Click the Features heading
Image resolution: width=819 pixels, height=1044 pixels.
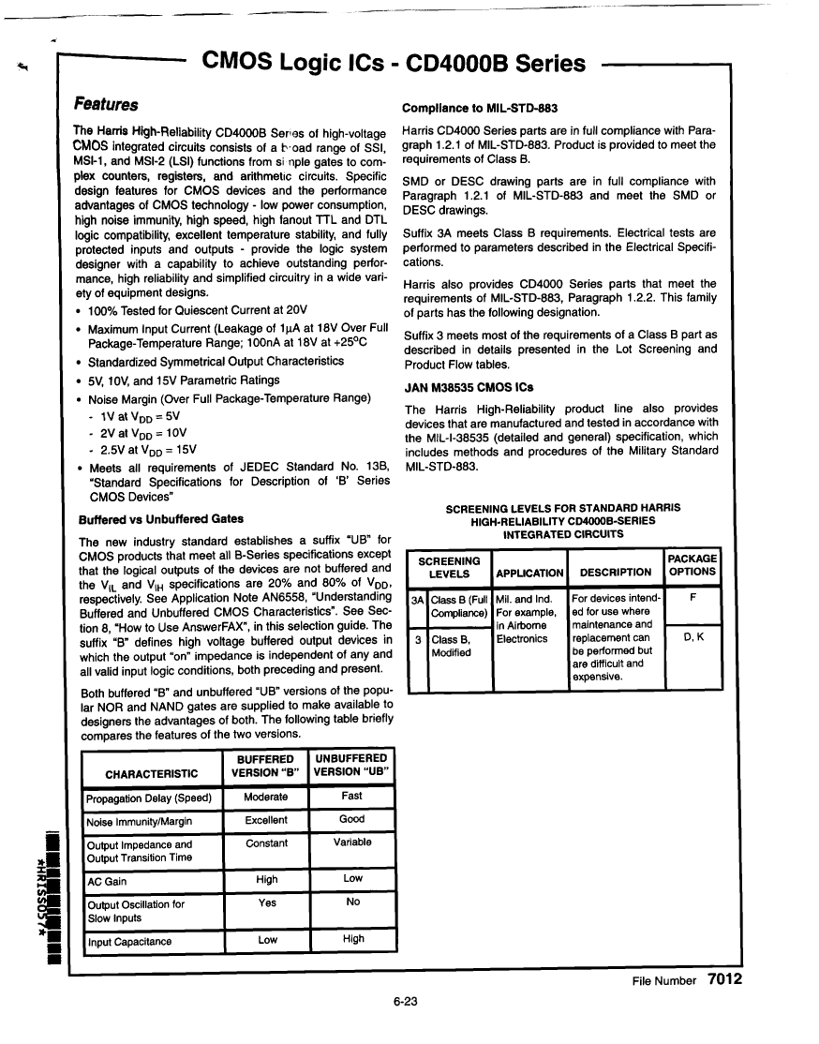pyautogui.click(x=106, y=104)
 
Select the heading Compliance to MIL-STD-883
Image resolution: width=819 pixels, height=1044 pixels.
pyautogui.click(x=480, y=108)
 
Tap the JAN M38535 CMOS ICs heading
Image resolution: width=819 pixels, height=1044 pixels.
pyautogui.click(x=469, y=387)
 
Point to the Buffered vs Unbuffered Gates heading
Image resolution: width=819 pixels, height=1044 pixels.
pyautogui.click(x=160, y=518)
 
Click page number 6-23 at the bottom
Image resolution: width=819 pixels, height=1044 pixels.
pyautogui.click(x=405, y=1001)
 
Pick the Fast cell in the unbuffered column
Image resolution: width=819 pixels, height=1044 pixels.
pyautogui.click(x=352, y=796)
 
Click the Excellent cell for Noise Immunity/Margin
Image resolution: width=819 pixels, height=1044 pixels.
pyautogui.click(x=266, y=820)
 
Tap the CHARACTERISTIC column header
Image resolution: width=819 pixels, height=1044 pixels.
pyautogui.click(x=152, y=773)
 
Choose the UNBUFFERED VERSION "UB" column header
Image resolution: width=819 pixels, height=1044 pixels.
pyautogui.click(x=351, y=765)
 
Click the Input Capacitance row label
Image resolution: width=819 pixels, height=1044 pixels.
pyautogui.click(x=129, y=942)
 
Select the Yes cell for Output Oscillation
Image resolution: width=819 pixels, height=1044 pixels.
pyautogui.click(x=266, y=903)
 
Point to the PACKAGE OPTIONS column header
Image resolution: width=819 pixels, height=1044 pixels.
pyautogui.click(x=692, y=564)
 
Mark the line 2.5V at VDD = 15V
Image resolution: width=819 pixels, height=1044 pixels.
pyautogui.click(x=152, y=450)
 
